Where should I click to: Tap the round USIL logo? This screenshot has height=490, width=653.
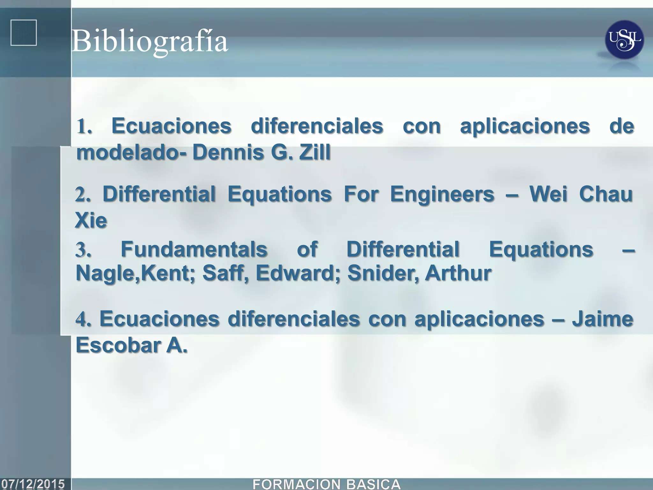click(624, 40)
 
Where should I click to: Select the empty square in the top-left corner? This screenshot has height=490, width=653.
click(24, 33)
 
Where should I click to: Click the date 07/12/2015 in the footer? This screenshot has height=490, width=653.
click(33, 484)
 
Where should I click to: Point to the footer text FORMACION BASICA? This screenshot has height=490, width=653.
click(326, 484)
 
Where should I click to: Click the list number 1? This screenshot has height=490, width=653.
click(84, 127)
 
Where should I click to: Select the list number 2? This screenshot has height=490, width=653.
click(82, 194)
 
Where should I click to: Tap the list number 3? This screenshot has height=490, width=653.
click(83, 249)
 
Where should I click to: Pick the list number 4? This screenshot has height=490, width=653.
click(83, 319)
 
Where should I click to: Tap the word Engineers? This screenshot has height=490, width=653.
click(442, 194)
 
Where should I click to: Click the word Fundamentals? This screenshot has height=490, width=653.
click(194, 249)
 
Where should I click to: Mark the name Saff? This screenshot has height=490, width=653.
click(225, 273)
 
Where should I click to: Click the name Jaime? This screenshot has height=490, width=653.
click(602, 319)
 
